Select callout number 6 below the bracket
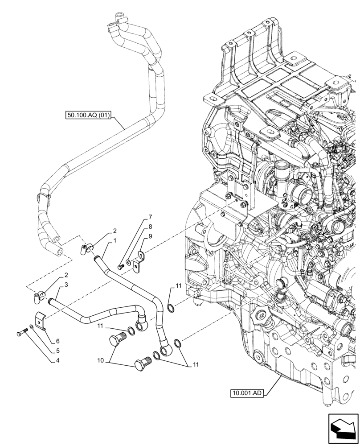coord(57,341)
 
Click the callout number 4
coord(57,360)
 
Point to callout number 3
coord(65,285)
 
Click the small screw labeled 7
coord(120,267)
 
